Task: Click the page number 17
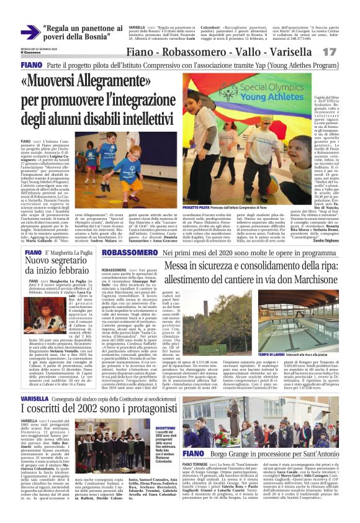[x=346, y=52]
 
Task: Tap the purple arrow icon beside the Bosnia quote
[x=29, y=33]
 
